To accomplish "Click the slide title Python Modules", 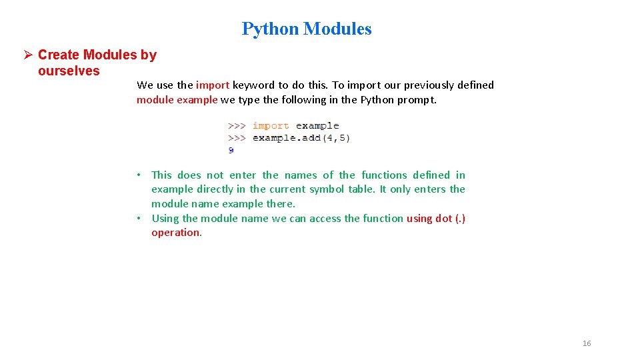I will point(307,29).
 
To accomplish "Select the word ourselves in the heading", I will point(69,71).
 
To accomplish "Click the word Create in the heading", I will point(59,55).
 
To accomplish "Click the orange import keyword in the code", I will point(271,125).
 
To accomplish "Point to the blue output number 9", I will point(231,150).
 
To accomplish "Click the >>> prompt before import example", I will point(237,125).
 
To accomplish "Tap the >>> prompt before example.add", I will point(237,138).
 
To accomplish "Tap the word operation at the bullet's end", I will point(175,233).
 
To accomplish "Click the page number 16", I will point(587,343).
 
